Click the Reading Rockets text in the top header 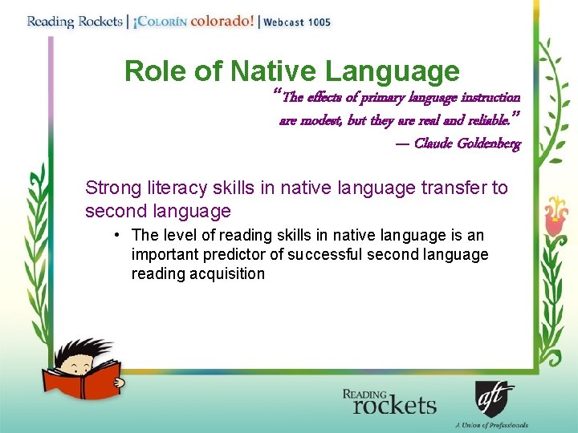73,22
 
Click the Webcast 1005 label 296,22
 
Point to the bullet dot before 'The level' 117,235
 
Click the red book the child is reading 92,380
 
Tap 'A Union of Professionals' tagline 491,425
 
